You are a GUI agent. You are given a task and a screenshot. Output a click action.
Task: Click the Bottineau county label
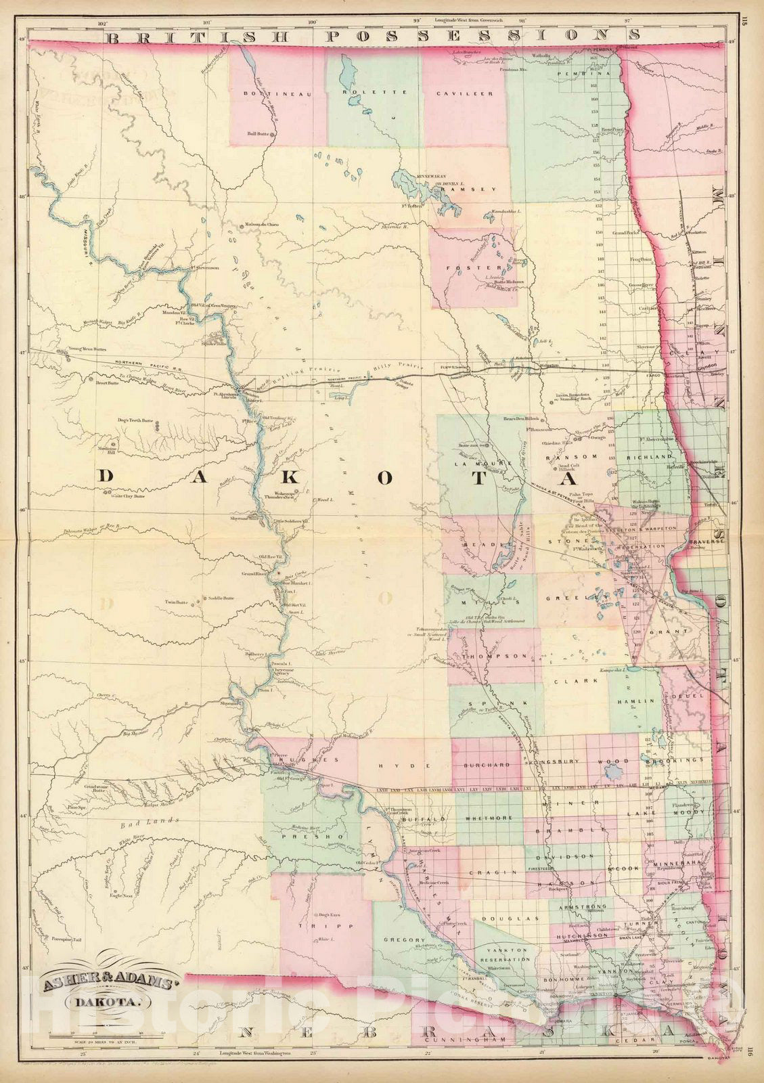pyautogui.click(x=275, y=94)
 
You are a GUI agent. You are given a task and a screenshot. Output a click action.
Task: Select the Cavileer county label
pyautogui.click(x=464, y=93)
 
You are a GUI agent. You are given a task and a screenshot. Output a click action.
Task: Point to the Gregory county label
pyautogui.click(x=404, y=940)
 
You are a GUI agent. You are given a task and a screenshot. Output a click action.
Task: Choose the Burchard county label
pyautogui.click(x=487, y=765)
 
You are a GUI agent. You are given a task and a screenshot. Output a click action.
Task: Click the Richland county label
pyautogui.click(x=654, y=458)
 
